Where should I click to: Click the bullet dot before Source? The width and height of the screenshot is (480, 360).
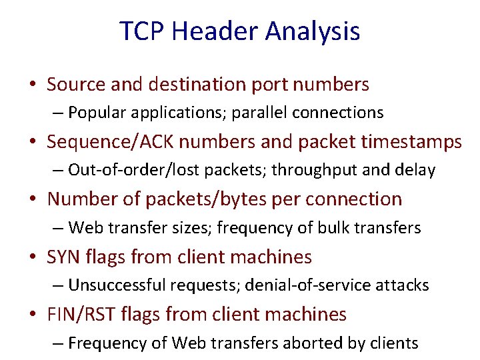(x=32, y=85)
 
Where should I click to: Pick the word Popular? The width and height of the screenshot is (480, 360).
(x=97, y=113)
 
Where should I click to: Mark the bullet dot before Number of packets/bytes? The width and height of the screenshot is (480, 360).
(x=32, y=200)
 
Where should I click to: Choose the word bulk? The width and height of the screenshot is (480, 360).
(x=337, y=228)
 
